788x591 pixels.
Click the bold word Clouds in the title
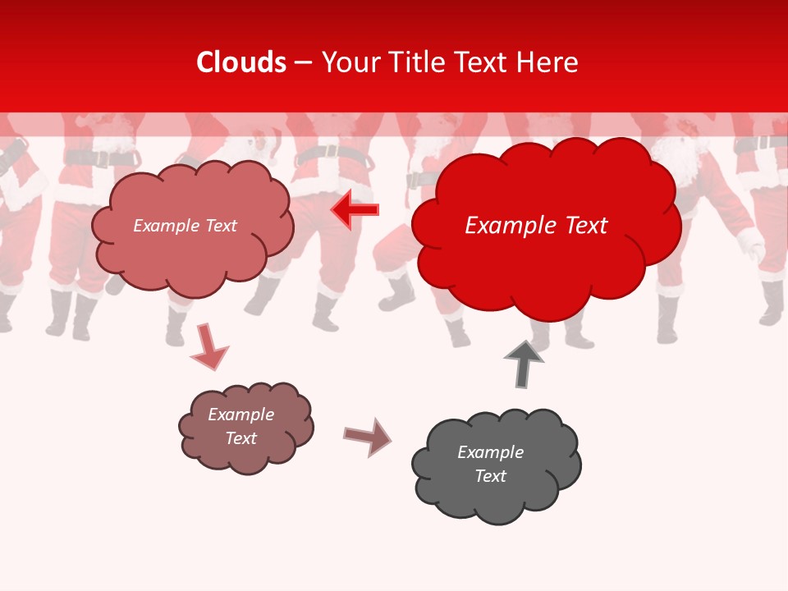(x=241, y=62)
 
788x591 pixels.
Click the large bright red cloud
(x=545, y=226)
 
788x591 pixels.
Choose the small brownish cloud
(x=245, y=427)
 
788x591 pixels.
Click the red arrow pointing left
(x=355, y=210)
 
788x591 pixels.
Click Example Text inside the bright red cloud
(x=536, y=226)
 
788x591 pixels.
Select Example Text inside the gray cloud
(x=490, y=464)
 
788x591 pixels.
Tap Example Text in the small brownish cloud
(x=241, y=426)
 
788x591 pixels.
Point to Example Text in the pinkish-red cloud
(x=185, y=226)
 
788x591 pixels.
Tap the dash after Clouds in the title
(x=303, y=62)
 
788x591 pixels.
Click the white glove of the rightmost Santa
(x=749, y=243)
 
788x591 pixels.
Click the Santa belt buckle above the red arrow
(x=328, y=152)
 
